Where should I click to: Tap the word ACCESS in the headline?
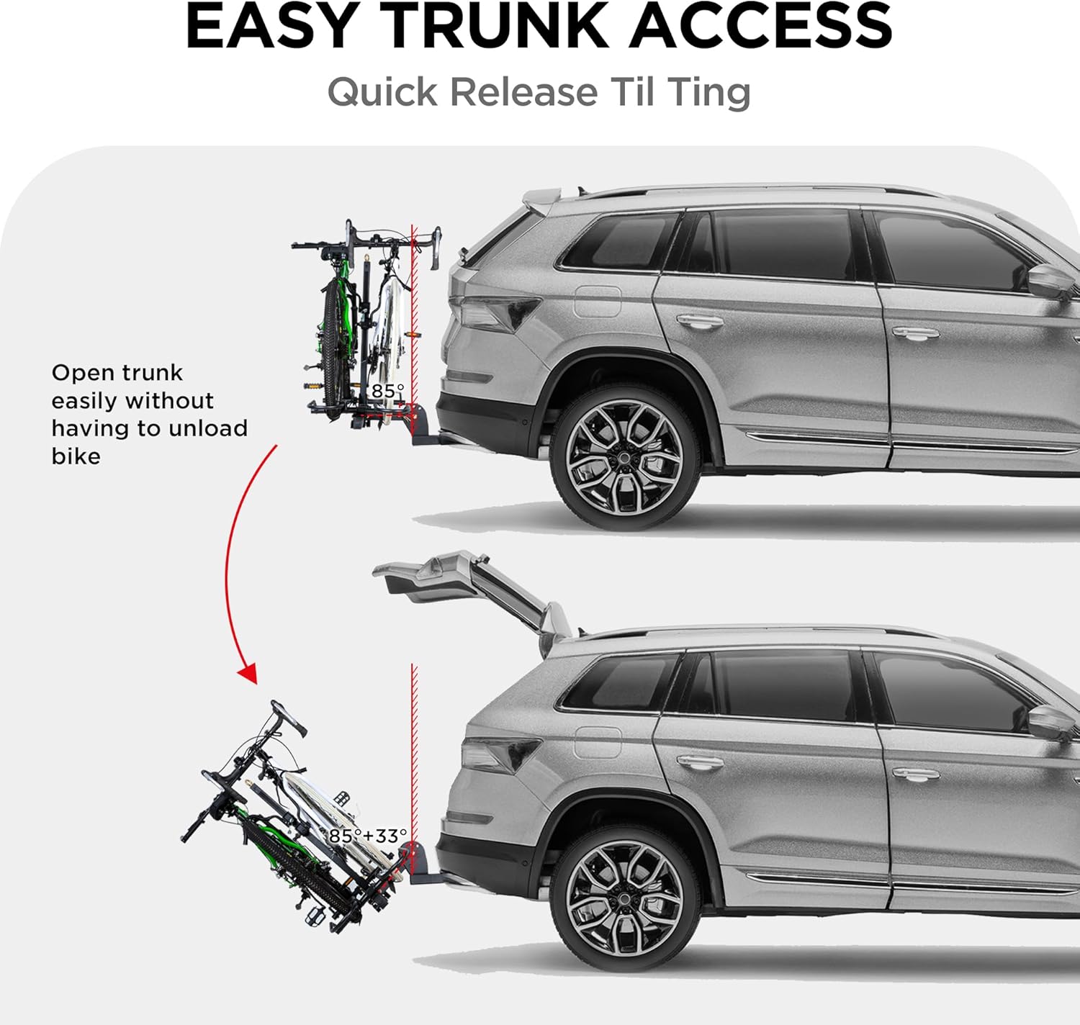pyautogui.click(x=761, y=27)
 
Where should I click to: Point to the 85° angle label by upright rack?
pyautogui.click(x=387, y=391)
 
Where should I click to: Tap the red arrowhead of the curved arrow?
pyautogui.click(x=248, y=673)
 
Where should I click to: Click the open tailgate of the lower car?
pyautogui.click(x=461, y=583)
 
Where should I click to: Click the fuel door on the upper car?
pyautogui.click(x=598, y=301)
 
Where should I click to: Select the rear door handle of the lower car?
pyautogui.click(x=699, y=762)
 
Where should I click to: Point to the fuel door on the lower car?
pyautogui.click(x=598, y=742)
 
